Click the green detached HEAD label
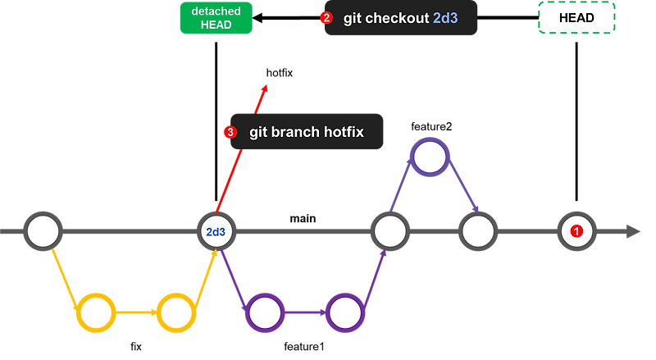pos(216,18)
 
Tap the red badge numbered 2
pos(326,18)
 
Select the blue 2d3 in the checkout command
pos(445,18)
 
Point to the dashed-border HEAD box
pos(576,18)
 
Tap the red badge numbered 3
pos(230,131)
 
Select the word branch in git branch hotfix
pos(290,131)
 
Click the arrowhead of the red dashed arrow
pos(263,86)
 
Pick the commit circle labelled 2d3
pos(216,232)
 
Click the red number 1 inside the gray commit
pos(576,232)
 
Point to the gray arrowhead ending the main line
pos(633,232)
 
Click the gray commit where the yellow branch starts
pos(43,232)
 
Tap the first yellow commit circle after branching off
pos(96,312)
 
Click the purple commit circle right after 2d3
pos(264,312)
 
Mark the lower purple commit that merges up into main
pos(344,312)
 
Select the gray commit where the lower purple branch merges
pos(389,232)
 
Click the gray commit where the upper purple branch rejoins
pos(477,232)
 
